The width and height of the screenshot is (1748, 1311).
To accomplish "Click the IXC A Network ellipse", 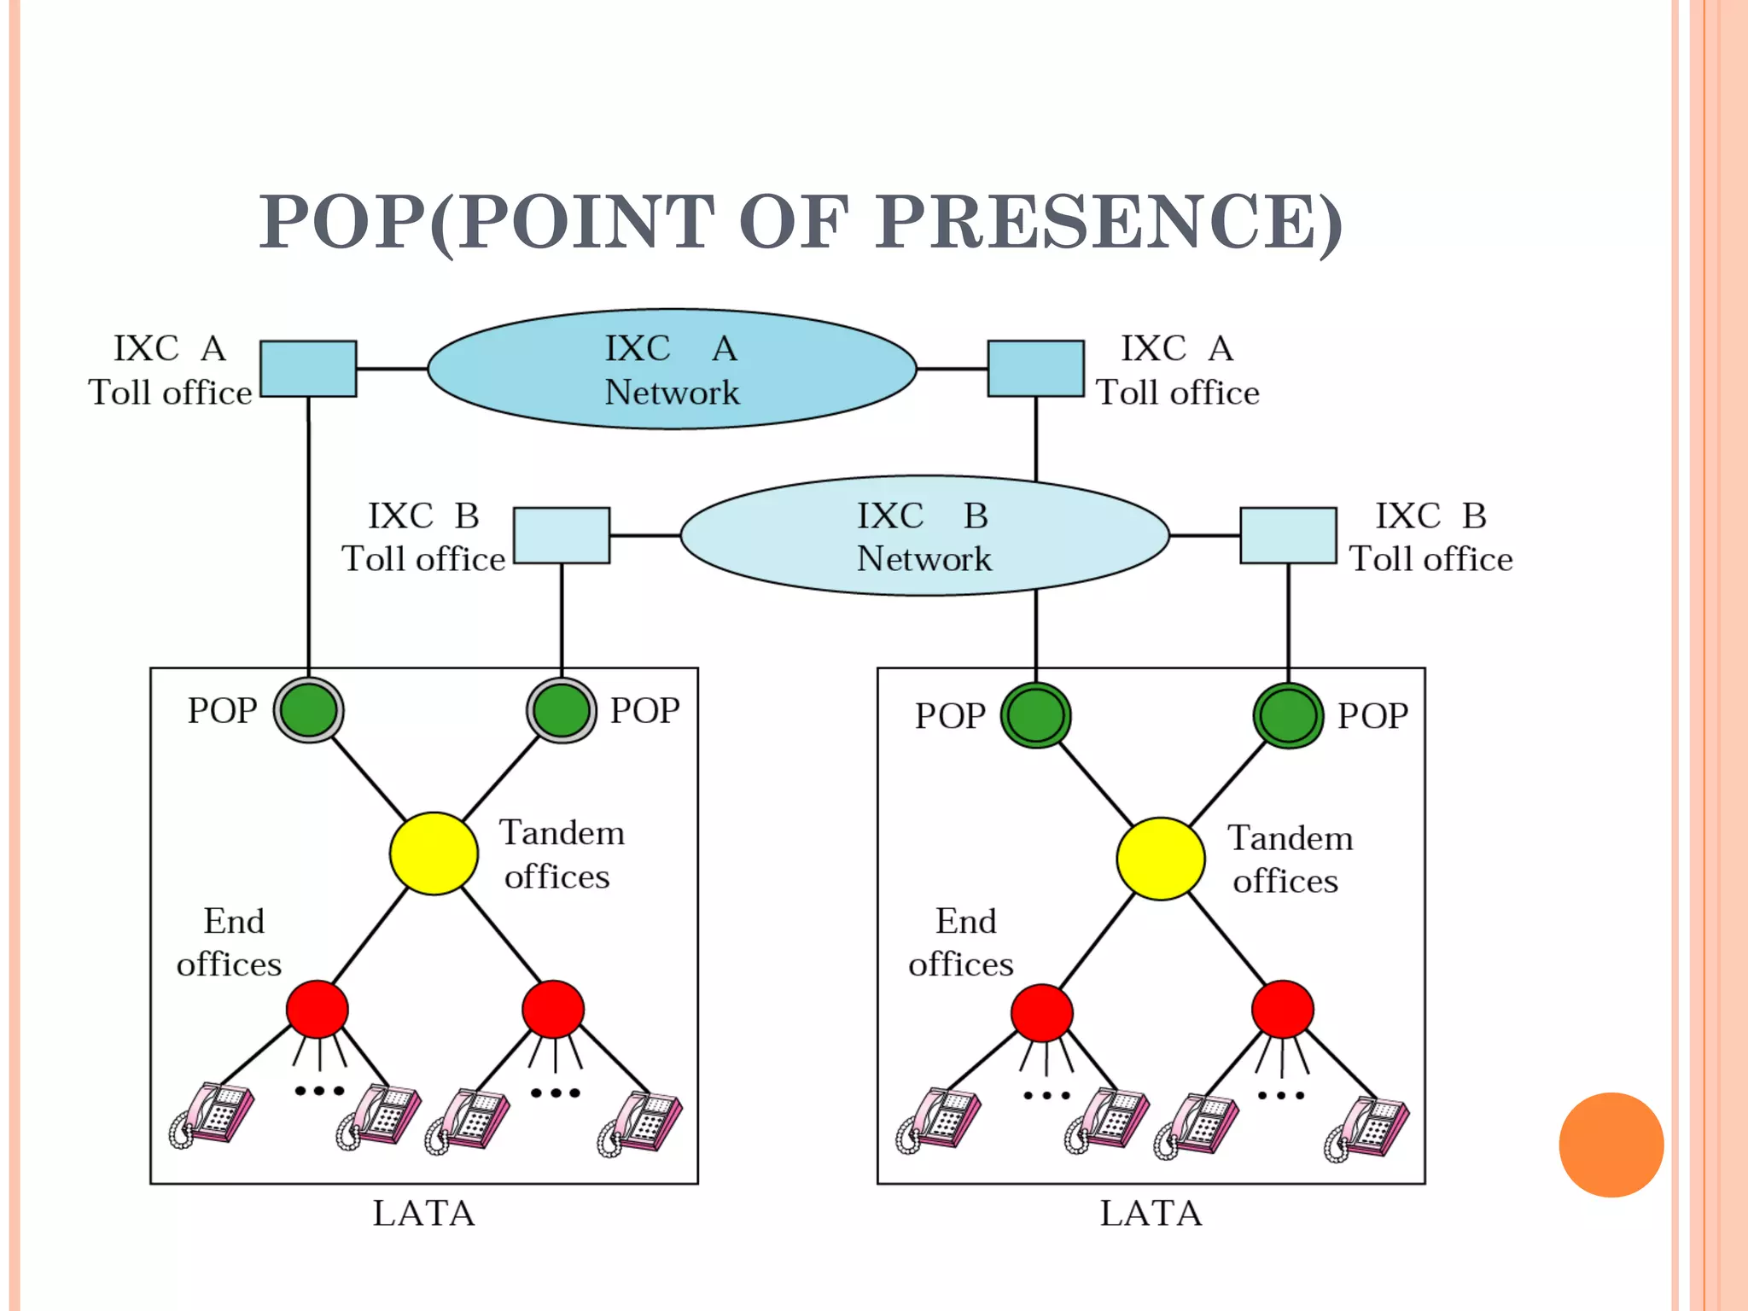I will (672, 369).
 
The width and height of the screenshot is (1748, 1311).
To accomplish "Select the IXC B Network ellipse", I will (924, 535).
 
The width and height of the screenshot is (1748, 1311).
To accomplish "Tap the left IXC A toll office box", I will (308, 369).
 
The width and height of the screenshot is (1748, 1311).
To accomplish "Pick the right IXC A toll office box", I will (1035, 369).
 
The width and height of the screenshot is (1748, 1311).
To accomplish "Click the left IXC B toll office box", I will (562, 535).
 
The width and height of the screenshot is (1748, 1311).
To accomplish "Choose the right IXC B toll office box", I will (1288, 535).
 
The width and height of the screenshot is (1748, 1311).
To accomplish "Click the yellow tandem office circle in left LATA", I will (434, 854).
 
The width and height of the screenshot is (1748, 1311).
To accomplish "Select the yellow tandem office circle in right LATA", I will (1161, 859).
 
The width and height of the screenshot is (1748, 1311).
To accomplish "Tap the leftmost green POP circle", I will (309, 710).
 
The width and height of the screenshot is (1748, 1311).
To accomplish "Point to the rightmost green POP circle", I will (1288, 715).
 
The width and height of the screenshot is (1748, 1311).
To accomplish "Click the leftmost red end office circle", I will (318, 1009).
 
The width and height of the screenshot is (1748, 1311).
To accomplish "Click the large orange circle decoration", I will (1611, 1145).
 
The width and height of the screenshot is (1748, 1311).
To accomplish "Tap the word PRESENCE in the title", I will (1110, 222).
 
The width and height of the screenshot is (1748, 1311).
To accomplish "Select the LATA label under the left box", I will (423, 1213).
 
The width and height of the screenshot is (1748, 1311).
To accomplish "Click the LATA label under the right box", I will (1151, 1213).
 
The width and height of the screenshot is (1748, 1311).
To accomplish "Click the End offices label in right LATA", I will (962, 942).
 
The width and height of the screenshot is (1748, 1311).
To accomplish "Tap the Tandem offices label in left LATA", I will (560, 854).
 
